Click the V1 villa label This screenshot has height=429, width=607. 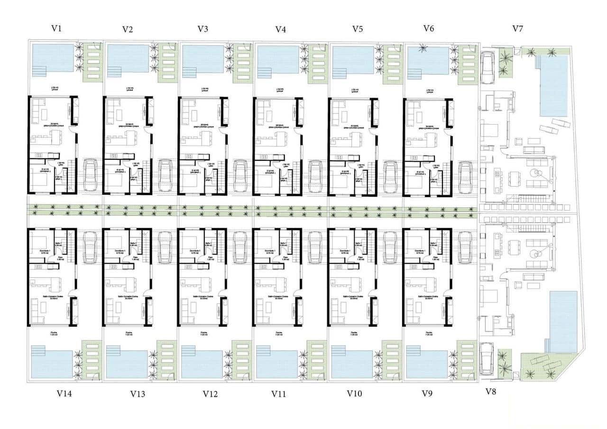tap(57, 28)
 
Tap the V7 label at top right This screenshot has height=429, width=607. tap(518, 28)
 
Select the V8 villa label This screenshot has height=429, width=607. tap(491, 392)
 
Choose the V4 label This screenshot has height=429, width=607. tap(281, 29)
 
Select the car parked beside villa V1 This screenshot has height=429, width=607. tap(90, 176)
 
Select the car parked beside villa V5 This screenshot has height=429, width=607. tap(390, 176)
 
